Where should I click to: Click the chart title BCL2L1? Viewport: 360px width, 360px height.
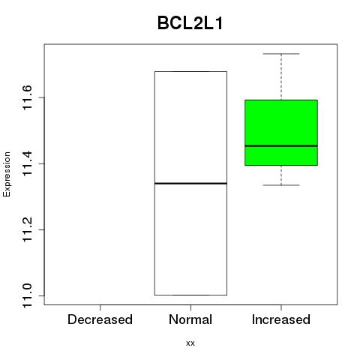click(190, 23)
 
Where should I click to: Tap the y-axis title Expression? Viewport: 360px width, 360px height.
click(7, 174)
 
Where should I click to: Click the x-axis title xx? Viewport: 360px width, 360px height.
click(190, 343)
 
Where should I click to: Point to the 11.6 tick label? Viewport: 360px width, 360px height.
click(27, 97)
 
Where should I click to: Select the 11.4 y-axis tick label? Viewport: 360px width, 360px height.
click(27, 163)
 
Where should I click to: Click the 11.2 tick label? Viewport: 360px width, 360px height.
click(27, 229)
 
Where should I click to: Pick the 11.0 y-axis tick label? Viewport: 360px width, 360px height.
click(27, 295)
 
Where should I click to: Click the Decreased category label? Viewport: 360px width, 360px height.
click(100, 319)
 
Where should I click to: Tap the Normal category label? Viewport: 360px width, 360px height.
click(190, 319)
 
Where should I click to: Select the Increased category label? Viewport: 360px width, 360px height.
click(281, 319)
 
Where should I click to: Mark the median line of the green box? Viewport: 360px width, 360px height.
click(281, 145)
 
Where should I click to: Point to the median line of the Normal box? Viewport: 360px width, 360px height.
click(190, 184)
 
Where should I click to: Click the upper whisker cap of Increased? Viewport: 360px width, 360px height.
click(281, 54)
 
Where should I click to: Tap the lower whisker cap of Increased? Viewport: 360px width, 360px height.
click(281, 185)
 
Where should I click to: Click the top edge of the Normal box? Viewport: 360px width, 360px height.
click(190, 72)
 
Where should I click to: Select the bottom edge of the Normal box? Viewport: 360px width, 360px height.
click(190, 295)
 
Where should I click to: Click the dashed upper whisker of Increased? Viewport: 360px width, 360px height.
click(281, 76)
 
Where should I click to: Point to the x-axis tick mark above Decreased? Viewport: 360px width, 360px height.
click(100, 307)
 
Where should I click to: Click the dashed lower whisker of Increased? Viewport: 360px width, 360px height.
click(281, 175)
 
